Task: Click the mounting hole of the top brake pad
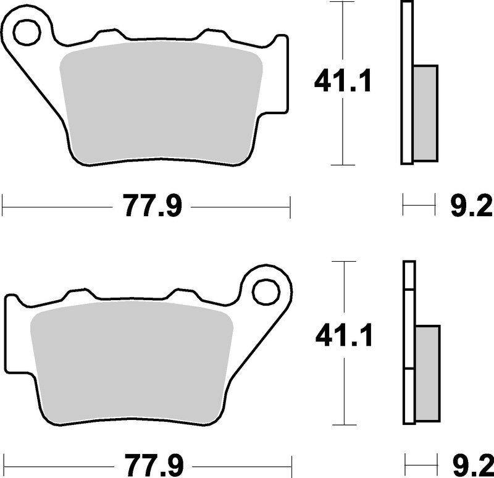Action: pyautogui.click(x=27, y=31)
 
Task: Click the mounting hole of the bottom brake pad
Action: pyautogui.click(x=266, y=292)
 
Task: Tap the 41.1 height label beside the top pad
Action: pyautogui.click(x=343, y=81)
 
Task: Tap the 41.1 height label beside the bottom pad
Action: pyautogui.click(x=344, y=335)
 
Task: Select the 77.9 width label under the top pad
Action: pyautogui.click(x=152, y=206)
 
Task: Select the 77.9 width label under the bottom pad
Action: pyautogui.click(x=154, y=466)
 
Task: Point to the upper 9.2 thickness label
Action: pyautogui.click(x=471, y=206)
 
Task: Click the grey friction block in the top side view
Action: pyautogui.click(x=425, y=114)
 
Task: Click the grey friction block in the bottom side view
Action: pyautogui.click(x=427, y=374)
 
